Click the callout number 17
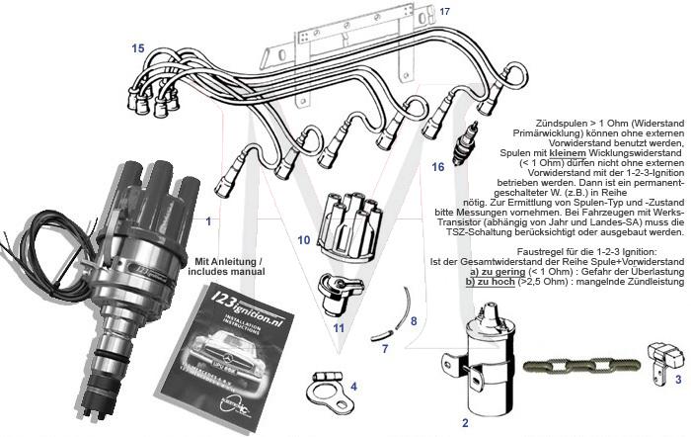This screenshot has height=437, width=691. click(x=444, y=11)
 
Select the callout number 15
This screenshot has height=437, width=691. click(x=137, y=47)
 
